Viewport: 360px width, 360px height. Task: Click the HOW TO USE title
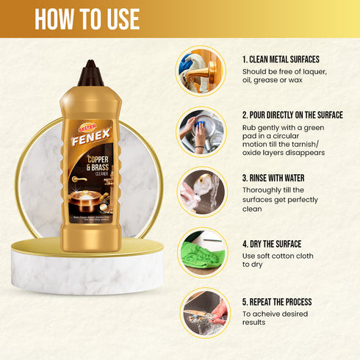(86, 19)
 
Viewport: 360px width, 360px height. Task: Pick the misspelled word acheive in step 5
(271, 314)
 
